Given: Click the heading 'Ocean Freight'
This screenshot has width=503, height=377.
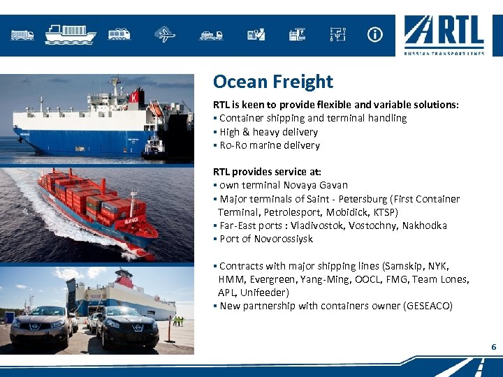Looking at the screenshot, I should pyautogui.click(x=272, y=82).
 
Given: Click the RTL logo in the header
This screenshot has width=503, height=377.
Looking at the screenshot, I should pyautogui.click(x=444, y=35).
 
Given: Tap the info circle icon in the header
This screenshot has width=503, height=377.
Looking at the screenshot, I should pyautogui.click(x=375, y=34).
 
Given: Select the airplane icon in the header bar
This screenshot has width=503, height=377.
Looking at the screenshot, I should pyautogui.click(x=166, y=34).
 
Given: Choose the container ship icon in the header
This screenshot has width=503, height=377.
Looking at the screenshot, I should pyautogui.click(x=70, y=33).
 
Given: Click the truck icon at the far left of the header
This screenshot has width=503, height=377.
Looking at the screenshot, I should pyautogui.click(x=22, y=34).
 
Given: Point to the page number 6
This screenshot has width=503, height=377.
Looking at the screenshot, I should pyautogui.click(x=493, y=347).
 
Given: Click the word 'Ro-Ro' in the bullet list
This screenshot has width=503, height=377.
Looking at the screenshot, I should pyautogui.click(x=233, y=145).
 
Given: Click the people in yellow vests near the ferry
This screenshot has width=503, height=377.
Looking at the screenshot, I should pyautogui.click(x=179, y=320).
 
